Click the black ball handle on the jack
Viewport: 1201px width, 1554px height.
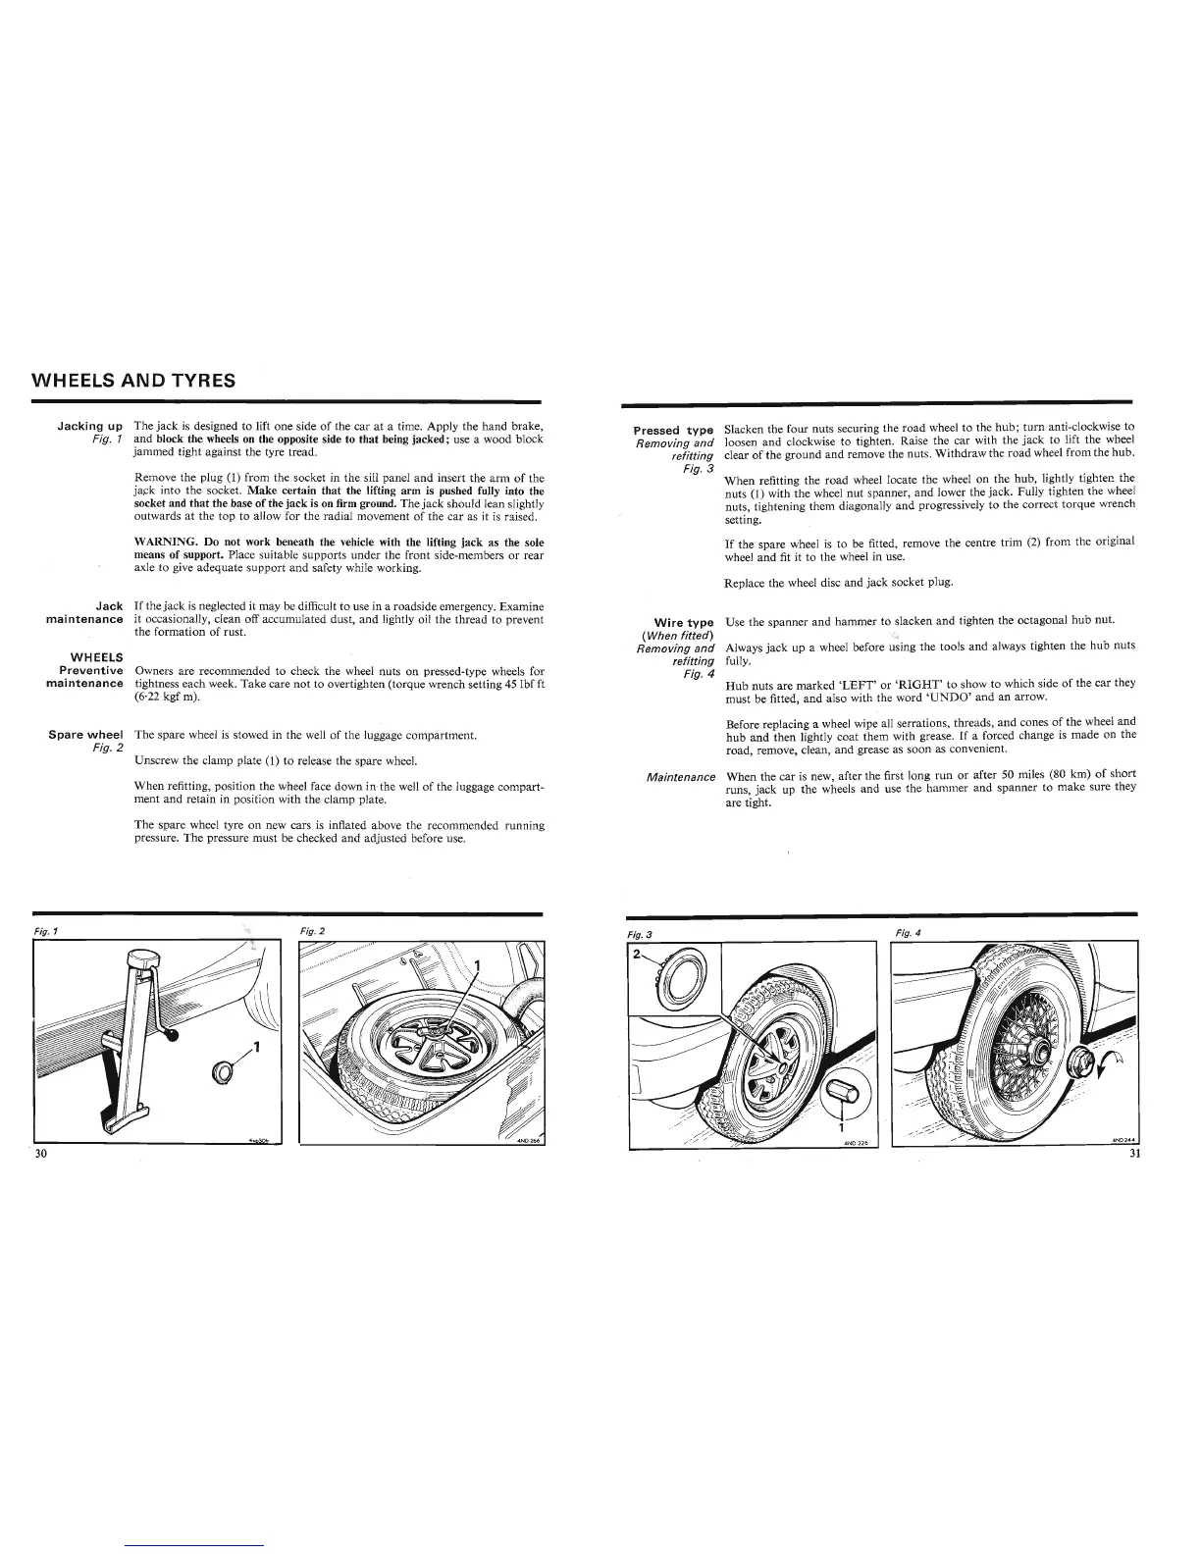click(x=172, y=1034)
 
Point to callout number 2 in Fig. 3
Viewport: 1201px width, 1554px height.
click(x=637, y=954)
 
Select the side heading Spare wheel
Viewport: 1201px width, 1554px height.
click(x=85, y=734)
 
